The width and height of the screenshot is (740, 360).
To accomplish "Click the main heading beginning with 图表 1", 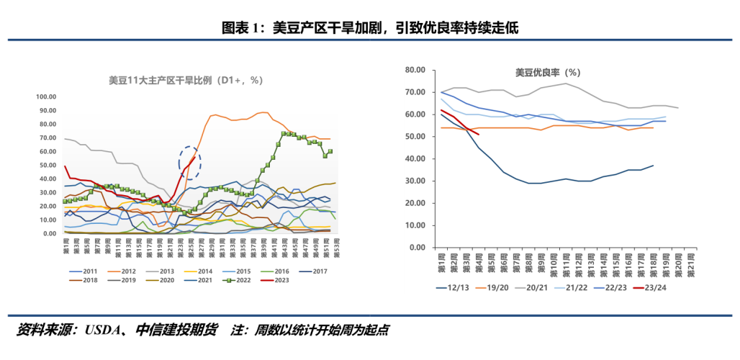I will point(369,28).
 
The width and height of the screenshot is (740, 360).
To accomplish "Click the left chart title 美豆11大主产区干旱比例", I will point(181,81).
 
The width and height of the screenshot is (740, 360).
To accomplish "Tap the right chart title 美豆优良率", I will point(547,73).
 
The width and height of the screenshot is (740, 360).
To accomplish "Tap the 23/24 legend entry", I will point(667,289).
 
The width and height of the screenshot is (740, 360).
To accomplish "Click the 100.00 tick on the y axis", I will point(46,96).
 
